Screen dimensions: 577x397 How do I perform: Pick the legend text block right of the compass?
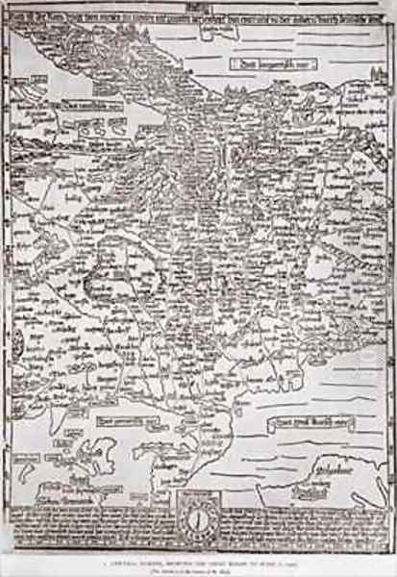tap(288, 519)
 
